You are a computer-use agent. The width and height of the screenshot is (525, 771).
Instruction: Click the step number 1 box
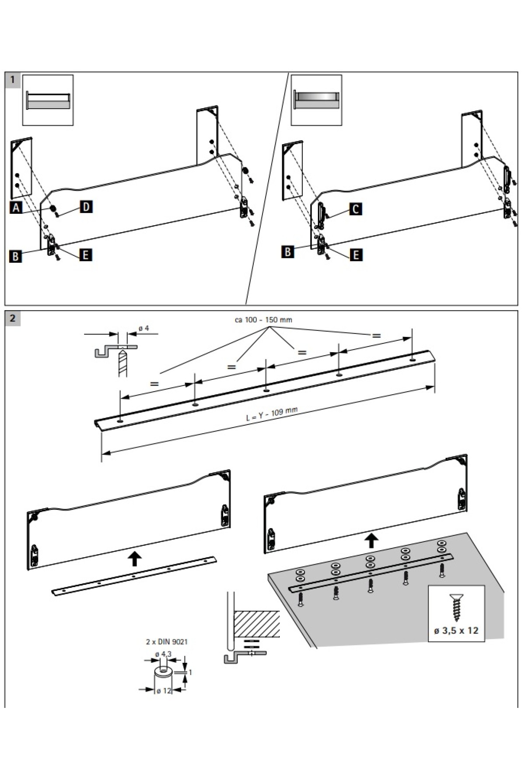[x=12, y=79]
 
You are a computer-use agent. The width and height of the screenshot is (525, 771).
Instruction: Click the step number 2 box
[x=12, y=318]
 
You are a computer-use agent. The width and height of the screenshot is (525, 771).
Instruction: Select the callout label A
[x=16, y=208]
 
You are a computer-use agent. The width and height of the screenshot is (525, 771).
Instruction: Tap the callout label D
[x=87, y=206]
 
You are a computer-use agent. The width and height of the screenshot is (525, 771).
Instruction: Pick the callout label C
[x=356, y=209]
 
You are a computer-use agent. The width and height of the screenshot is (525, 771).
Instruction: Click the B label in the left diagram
[x=16, y=256]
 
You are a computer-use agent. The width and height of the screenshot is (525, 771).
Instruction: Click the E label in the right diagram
[x=357, y=255]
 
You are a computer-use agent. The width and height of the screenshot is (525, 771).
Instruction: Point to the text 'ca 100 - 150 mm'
[x=263, y=320]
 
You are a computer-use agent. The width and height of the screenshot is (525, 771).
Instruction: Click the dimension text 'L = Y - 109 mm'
[x=271, y=414]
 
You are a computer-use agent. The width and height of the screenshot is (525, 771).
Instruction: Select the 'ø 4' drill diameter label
[x=143, y=328]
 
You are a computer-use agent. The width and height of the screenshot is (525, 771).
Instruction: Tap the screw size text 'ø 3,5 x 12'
[x=456, y=631]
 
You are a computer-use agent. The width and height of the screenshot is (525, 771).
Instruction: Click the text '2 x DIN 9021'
[x=167, y=642]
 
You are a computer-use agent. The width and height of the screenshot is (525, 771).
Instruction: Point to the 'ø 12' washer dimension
[x=164, y=691]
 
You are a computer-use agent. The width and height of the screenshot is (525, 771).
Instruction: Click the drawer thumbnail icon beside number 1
[x=48, y=100]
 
